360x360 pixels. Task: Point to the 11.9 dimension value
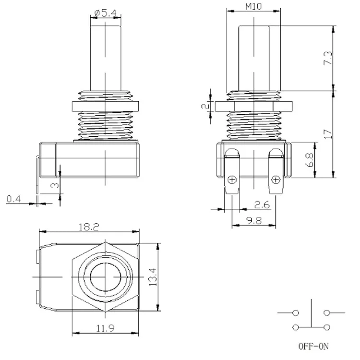(105, 330)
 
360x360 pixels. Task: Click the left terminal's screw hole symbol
(232, 180)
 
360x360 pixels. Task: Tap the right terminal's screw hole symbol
(275, 180)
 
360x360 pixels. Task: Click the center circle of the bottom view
(105, 277)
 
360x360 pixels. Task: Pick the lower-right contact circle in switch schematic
(327, 327)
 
